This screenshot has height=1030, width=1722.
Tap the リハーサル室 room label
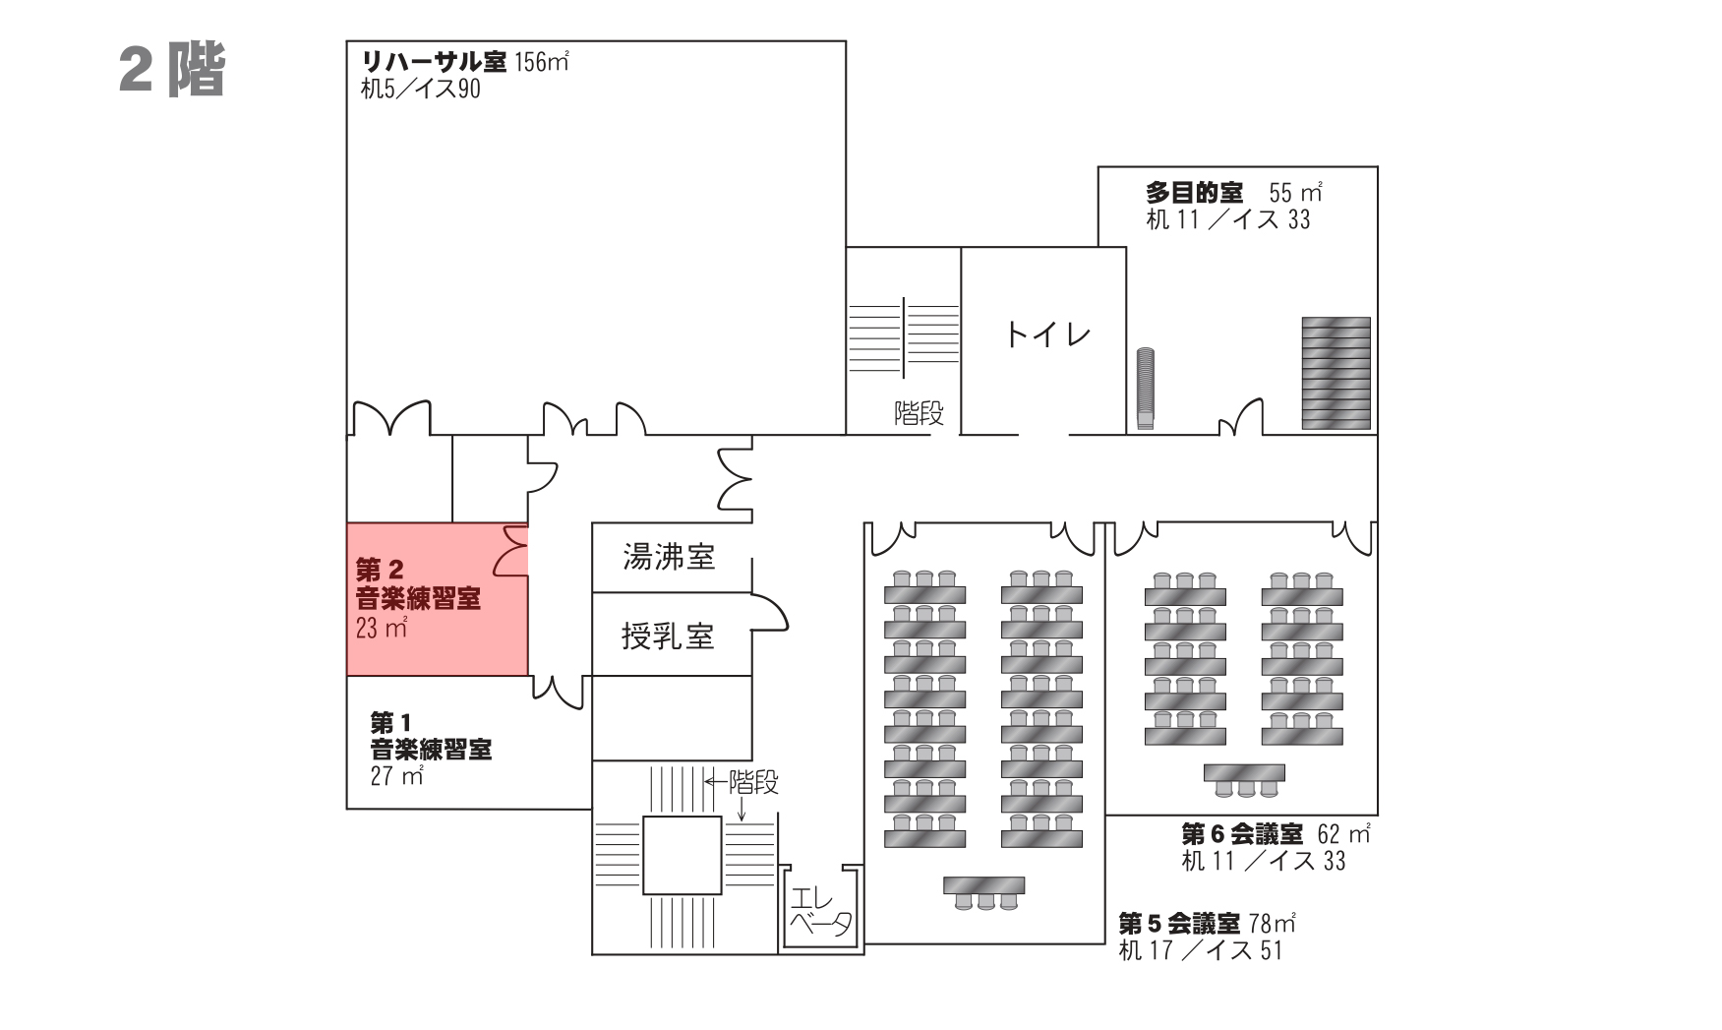pos(434,62)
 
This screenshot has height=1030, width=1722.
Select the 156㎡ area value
pos(541,62)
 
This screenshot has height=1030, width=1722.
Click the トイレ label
pos(1046,335)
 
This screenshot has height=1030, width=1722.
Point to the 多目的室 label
pos(1194,193)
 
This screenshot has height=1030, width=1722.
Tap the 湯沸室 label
pos(669,558)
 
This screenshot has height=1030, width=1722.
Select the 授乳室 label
pos(667,636)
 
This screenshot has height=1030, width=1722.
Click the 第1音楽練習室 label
pos(430,737)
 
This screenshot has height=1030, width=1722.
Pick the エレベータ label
pos(820,913)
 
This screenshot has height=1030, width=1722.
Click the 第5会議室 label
pos(1179,924)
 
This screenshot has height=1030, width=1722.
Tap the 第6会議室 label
pos(1242,834)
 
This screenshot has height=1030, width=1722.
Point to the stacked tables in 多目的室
pos(1336,373)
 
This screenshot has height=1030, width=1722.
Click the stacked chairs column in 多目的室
pos(1145,389)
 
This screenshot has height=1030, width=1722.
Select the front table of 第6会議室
pos(1244,774)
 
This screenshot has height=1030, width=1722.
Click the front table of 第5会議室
pos(983,886)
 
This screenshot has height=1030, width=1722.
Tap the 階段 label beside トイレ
pos(919,413)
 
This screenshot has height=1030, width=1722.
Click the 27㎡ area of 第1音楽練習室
pos(396,776)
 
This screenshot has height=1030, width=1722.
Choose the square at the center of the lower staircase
pos(682,855)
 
